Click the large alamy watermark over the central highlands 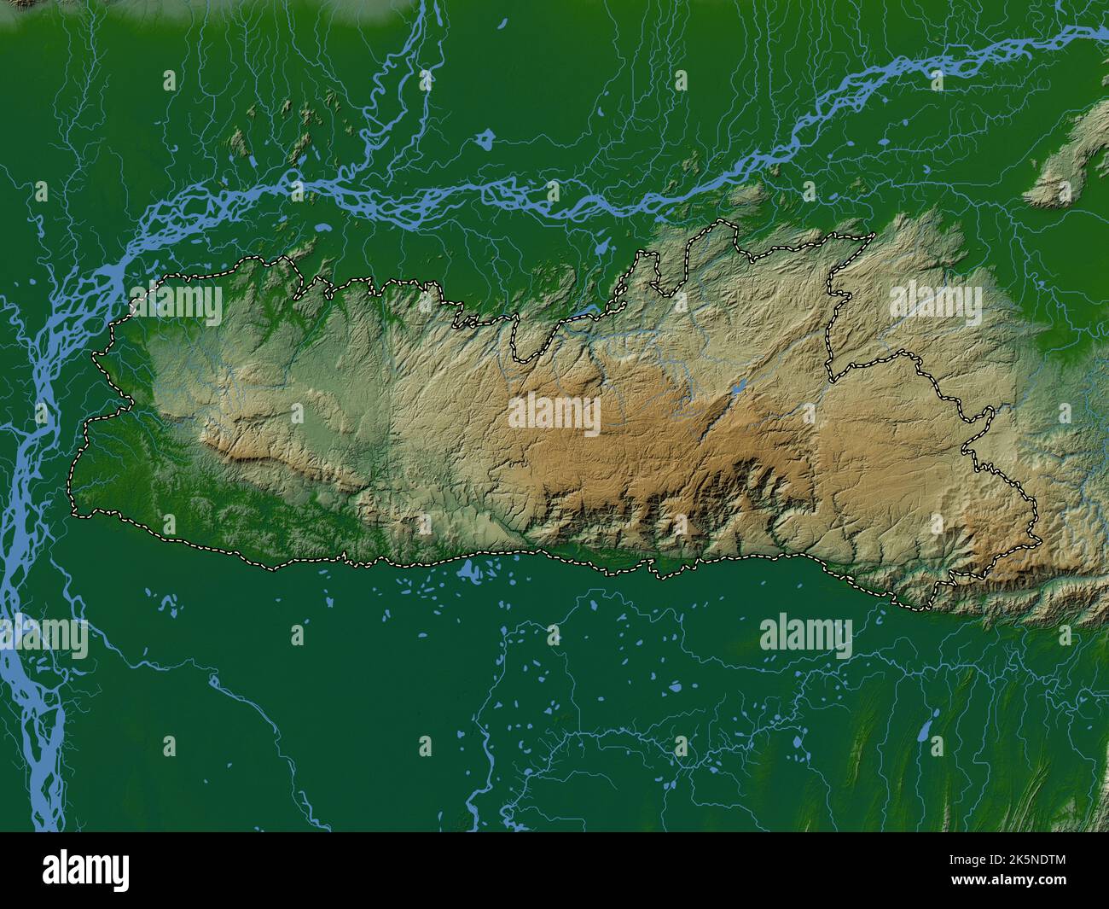click(x=554, y=413)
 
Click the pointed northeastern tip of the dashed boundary click(x=875, y=234)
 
